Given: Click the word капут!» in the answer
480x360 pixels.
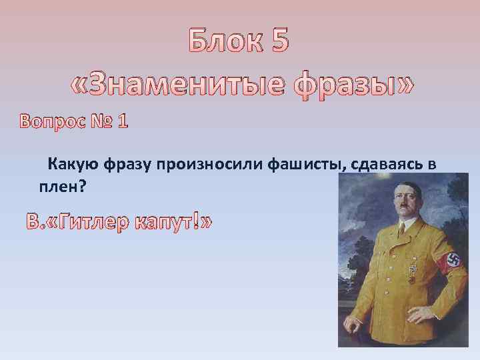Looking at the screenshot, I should [173, 222].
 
